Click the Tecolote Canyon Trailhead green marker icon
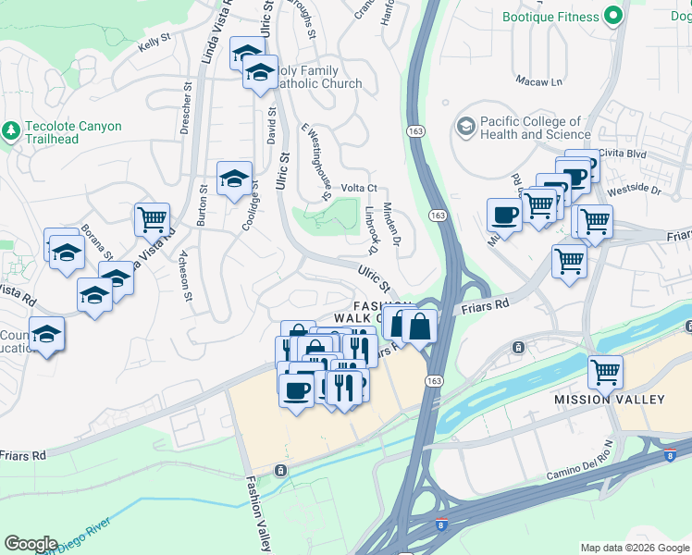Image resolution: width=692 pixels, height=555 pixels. (x=11, y=131)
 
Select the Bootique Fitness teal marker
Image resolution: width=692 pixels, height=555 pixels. (x=612, y=16)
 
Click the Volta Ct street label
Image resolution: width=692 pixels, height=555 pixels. (x=360, y=188)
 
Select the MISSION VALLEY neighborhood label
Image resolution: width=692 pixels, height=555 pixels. (x=609, y=400)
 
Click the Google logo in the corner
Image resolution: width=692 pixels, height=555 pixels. (x=31, y=543)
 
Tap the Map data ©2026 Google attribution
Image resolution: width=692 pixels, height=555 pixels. (x=635, y=548)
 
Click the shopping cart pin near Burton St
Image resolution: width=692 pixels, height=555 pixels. (x=152, y=220)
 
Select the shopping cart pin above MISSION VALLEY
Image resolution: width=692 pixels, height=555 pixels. (x=605, y=373)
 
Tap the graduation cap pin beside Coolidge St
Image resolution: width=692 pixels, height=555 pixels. (x=234, y=178)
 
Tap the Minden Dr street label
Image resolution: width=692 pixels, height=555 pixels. (x=390, y=225)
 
